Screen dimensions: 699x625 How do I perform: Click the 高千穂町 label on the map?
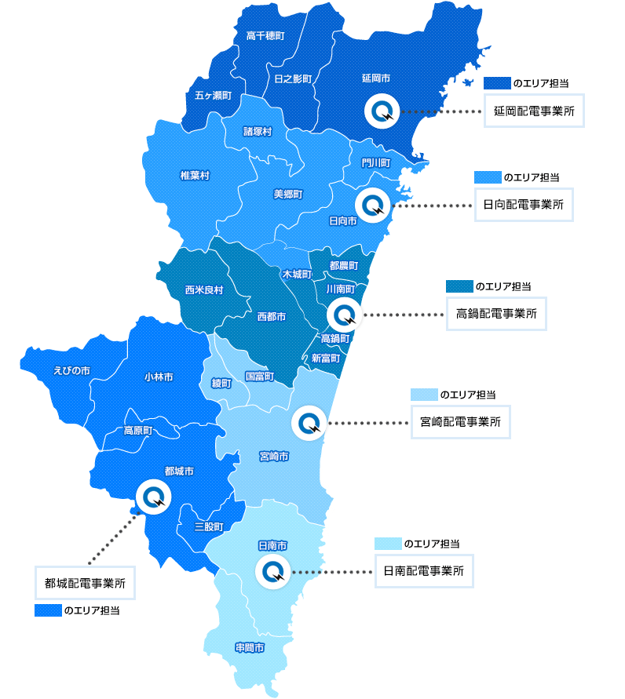pyautogui.click(x=265, y=36)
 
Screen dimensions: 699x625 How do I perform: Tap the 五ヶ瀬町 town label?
pyautogui.click(x=213, y=95)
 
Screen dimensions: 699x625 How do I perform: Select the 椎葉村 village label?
pyautogui.click(x=195, y=175)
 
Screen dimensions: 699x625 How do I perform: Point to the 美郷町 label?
pyautogui.click(x=288, y=193)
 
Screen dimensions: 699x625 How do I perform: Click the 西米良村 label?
pyautogui.click(x=204, y=290)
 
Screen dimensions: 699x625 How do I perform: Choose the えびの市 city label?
pyautogui.click(x=71, y=370)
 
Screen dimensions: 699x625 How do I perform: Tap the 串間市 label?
pyautogui.click(x=250, y=647)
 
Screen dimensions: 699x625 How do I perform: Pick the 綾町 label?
pyautogui.click(x=221, y=384)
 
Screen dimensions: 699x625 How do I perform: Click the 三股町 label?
pyautogui.click(x=209, y=526)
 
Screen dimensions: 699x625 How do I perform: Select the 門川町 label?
pyautogui.click(x=376, y=162)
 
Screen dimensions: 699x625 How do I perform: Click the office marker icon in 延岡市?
pyautogui.click(x=383, y=111)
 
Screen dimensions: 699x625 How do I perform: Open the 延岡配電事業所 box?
pyautogui.click(x=534, y=111)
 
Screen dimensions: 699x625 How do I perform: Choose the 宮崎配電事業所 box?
pyautogui.click(x=461, y=421)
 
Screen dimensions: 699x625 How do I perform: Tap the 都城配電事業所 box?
pyautogui.click(x=85, y=583)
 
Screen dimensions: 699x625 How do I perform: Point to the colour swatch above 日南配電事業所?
pyautogui.click(x=388, y=544)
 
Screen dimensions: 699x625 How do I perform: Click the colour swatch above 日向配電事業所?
pyautogui.click(x=488, y=177)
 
